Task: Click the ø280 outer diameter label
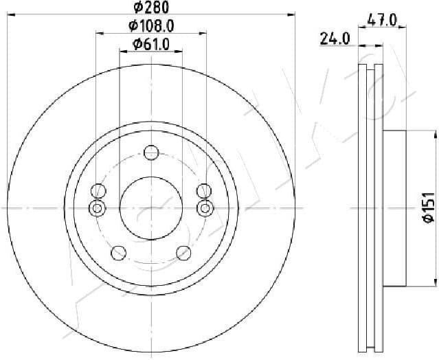tap(150, 8)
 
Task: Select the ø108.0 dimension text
tap(150, 27)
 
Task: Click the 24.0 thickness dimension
tap(335, 39)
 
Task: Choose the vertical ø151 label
tap(427, 208)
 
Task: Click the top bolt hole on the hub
tap(151, 153)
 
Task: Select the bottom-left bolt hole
tap(118, 253)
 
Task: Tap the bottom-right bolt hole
tap(183, 253)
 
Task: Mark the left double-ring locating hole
tap(98, 208)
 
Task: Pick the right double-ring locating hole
tap(204, 208)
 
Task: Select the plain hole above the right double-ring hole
tap(203, 190)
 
